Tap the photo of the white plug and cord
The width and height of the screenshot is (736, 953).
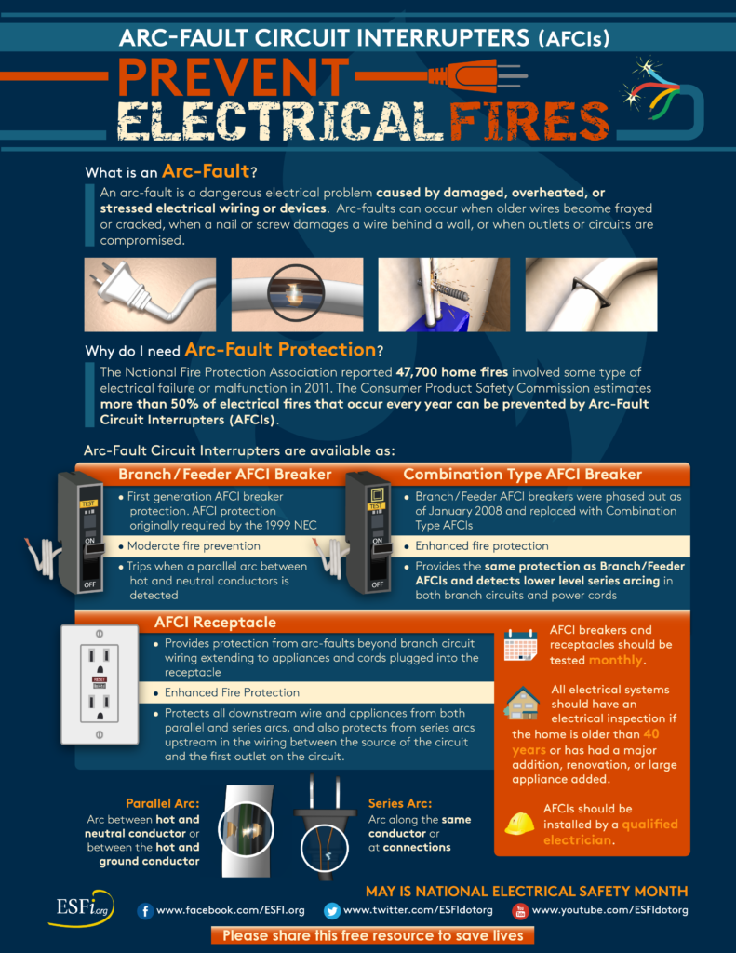coord(150,295)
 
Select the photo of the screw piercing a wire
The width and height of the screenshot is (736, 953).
coord(443,295)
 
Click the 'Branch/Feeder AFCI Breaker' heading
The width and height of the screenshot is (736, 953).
coord(224,475)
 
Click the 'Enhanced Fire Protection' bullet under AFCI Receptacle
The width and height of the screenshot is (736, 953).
coord(232,692)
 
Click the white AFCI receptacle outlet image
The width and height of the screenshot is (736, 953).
coord(99,684)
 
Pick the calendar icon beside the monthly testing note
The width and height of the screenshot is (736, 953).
coord(520,645)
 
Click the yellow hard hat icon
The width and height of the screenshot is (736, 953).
coord(519,823)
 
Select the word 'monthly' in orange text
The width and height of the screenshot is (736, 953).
coord(615,660)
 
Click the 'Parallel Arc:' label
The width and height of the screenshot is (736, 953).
coord(162,803)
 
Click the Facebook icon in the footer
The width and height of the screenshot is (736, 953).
coord(145,910)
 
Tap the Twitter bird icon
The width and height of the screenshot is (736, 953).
coord(332,910)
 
